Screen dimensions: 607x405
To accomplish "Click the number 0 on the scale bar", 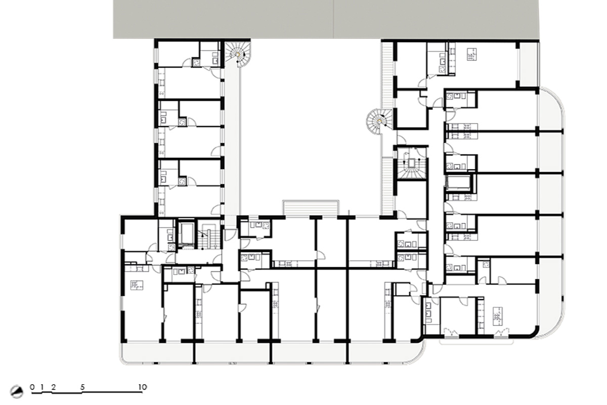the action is (32, 387).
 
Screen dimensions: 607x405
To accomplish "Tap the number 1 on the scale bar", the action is (42, 387).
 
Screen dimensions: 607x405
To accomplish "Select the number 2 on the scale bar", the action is (54, 387).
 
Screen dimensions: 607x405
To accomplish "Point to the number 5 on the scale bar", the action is (82, 387).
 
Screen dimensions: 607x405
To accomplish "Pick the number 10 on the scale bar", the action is (143, 387).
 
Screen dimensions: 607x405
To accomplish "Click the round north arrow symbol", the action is (17, 392).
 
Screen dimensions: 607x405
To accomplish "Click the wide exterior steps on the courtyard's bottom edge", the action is (311, 208).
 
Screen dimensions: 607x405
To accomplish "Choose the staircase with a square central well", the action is (412, 164).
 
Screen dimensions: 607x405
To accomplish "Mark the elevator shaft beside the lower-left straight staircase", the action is (187, 233).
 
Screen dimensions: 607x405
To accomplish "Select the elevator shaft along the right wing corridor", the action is (458, 183).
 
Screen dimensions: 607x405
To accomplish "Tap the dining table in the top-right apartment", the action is (472, 54).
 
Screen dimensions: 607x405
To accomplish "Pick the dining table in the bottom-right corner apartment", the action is (498, 316).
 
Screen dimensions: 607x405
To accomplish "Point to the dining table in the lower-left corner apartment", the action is (137, 286).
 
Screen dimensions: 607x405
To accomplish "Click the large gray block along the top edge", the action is (326, 19).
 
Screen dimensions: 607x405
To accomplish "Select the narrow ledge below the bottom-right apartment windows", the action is (476, 342).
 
